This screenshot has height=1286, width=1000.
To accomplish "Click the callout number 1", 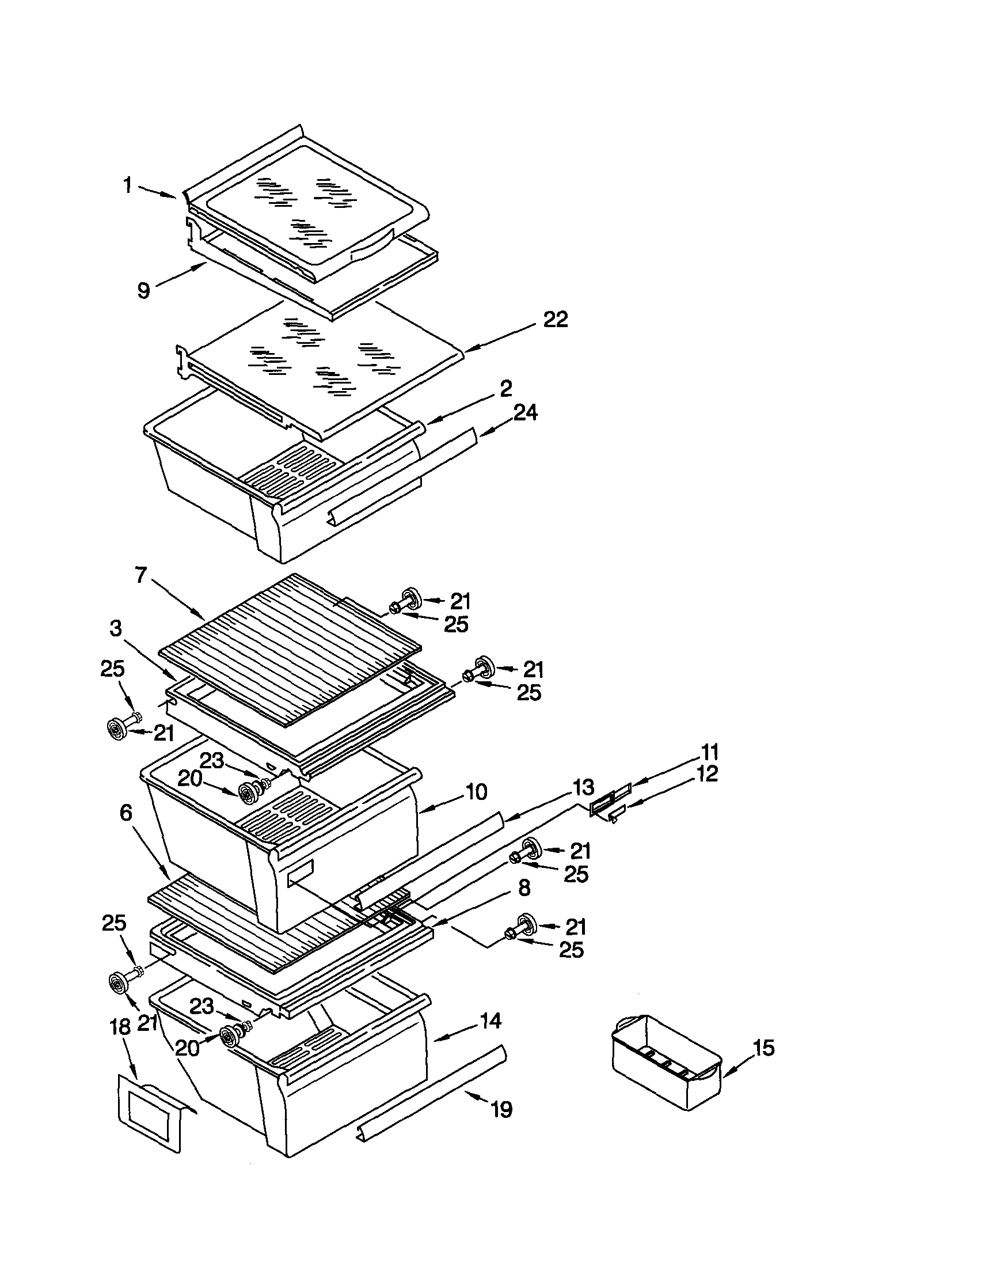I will (x=127, y=185).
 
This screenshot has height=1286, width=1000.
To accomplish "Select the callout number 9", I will (x=143, y=290).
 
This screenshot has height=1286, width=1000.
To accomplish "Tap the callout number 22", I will (x=555, y=320).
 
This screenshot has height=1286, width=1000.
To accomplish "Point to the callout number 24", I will (x=525, y=413).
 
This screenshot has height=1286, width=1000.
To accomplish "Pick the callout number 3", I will (x=116, y=628).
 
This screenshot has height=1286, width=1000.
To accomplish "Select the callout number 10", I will (x=476, y=792).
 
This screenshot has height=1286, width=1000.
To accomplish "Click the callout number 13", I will (x=583, y=787).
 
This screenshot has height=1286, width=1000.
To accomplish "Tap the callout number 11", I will (x=710, y=752).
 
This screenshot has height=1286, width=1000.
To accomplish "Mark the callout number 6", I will (x=126, y=813).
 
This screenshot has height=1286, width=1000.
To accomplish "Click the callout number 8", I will (x=524, y=887).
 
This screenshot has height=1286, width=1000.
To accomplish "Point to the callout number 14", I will (x=490, y=1021).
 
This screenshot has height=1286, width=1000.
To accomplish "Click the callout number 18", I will (x=120, y=1027).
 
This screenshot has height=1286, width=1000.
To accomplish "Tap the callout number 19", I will (x=501, y=1110).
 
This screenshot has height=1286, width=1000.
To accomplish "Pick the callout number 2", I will (x=505, y=389).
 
